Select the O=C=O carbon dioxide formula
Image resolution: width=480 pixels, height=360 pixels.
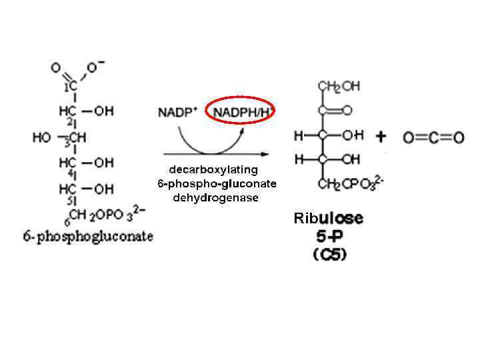[433, 138]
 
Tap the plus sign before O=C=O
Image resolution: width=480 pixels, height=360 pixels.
[381, 137]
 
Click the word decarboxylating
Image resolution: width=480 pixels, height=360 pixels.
[213, 169]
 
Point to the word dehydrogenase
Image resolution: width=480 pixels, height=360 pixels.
[215, 198]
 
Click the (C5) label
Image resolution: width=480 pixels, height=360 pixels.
[329, 255]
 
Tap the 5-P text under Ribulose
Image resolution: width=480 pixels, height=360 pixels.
[329, 237]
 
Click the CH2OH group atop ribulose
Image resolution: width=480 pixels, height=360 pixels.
[339, 87]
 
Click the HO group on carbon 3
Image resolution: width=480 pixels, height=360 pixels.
[42, 138]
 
